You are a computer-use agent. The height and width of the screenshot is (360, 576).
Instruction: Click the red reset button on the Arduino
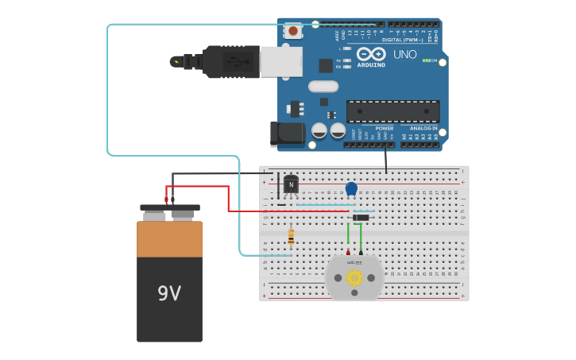click(293, 31)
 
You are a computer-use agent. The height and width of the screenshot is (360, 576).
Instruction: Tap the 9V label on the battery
click(169, 294)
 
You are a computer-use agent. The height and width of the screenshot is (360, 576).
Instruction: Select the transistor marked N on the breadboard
click(291, 185)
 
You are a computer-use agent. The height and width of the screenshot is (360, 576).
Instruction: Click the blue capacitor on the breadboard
click(351, 188)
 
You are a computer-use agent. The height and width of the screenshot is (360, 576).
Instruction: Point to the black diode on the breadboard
click(361, 218)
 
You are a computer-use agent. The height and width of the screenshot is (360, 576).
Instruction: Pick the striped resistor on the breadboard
click(291, 236)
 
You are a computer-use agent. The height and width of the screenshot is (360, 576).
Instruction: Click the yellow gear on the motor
click(354, 277)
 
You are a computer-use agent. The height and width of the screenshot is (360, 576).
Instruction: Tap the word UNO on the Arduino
click(405, 55)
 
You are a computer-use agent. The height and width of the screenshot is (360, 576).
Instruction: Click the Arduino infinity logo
click(371, 54)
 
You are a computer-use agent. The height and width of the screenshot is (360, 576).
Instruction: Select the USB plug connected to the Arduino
click(230, 61)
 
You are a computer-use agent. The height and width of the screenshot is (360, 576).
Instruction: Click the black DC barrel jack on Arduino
click(286, 134)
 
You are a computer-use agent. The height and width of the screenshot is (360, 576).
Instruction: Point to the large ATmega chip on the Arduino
click(392, 111)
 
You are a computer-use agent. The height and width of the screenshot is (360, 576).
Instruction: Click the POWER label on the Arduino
click(385, 128)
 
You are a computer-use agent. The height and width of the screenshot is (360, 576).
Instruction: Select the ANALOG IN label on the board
click(423, 128)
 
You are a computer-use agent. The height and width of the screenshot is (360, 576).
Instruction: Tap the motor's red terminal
click(347, 252)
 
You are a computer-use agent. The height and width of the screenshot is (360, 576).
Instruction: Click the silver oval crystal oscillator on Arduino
click(323, 86)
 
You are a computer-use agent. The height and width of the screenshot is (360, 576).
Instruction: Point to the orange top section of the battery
click(169, 239)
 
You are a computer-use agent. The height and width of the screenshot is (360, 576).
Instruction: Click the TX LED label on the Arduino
click(338, 60)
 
